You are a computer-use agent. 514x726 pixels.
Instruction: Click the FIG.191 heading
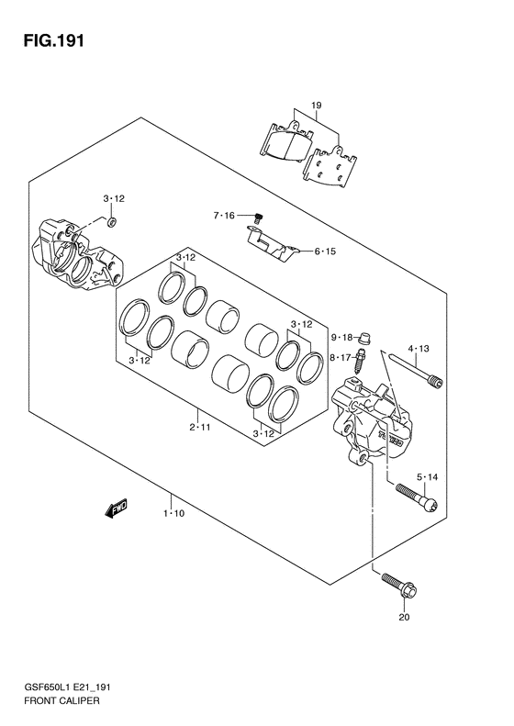(x=53, y=40)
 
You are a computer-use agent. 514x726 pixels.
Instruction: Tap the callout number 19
(x=316, y=106)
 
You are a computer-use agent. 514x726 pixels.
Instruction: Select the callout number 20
(x=404, y=617)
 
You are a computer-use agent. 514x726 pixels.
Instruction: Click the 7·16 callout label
(x=224, y=216)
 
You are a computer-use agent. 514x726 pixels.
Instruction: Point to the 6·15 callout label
(x=325, y=251)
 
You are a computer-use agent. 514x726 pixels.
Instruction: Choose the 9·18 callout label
(x=341, y=337)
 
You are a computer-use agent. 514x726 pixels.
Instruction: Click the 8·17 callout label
(x=341, y=357)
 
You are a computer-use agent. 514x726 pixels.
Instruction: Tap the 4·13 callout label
(x=419, y=349)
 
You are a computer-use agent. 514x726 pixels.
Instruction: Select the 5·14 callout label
(x=427, y=477)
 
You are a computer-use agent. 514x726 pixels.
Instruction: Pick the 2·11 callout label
(x=199, y=427)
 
